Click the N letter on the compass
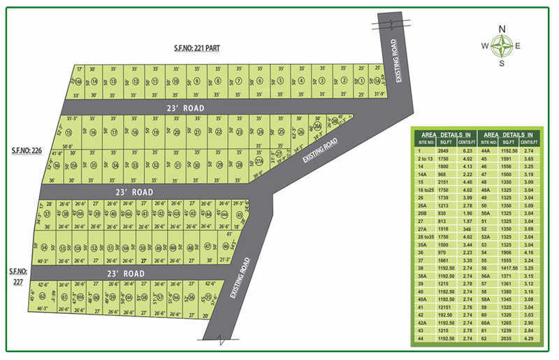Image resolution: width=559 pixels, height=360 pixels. (501, 29)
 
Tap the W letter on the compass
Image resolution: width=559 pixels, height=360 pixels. (484, 46)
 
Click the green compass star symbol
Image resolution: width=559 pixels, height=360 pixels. (501, 46)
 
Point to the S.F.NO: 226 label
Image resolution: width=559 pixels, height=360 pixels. (26, 150)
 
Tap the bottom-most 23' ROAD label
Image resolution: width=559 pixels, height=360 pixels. (126, 273)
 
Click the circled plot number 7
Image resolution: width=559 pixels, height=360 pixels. (238, 81)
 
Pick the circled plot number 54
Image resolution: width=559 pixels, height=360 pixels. (44, 247)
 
